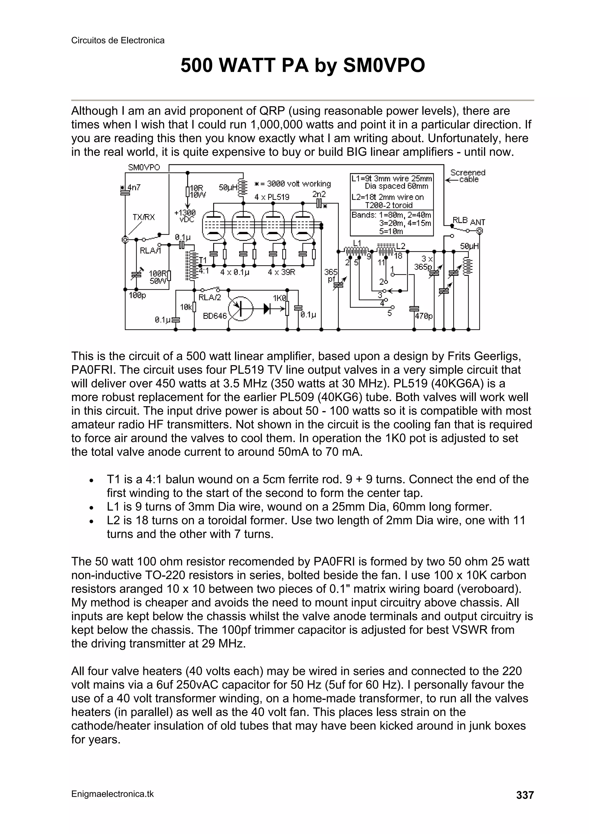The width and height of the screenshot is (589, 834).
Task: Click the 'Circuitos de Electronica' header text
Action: tap(118, 40)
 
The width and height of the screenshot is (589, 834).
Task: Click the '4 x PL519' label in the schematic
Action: tap(272, 197)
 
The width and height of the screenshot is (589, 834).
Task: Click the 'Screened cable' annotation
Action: tap(467, 176)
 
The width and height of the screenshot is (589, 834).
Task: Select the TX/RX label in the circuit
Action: tap(143, 217)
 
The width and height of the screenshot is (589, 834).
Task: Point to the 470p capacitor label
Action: tap(424, 316)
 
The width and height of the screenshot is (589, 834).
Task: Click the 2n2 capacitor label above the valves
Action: tap(319, 194)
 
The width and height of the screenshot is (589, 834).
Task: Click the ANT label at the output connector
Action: tap(478, 222)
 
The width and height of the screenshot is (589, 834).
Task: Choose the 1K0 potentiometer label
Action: tap(280, 298)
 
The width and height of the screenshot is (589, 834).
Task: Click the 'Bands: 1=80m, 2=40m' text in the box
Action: tap(391, 215)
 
